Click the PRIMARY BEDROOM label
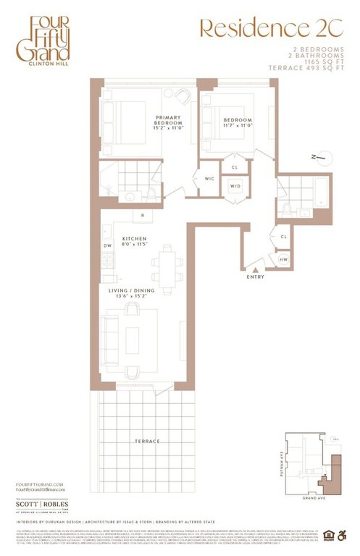[168, 120]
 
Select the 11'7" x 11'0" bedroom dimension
[238, 125]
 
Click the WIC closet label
[209, 179]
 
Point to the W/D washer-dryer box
[235, 186]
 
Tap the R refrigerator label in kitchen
[143, 216]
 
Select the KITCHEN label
[134, 239]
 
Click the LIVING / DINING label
[131, 291]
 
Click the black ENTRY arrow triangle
[255, 270]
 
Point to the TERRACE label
[147, 441]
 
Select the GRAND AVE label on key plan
[313, 498]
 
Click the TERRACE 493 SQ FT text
[306, 68]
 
